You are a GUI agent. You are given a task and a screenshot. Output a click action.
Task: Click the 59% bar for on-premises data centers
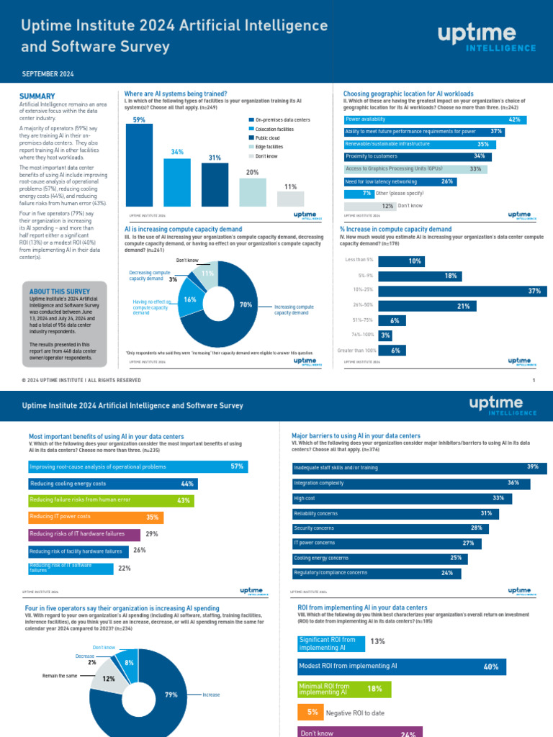140,166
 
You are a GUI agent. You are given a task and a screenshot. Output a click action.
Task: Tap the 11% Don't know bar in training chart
290,199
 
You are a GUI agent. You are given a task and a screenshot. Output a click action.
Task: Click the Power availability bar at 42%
434,119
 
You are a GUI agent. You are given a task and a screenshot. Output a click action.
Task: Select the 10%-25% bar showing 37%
462,291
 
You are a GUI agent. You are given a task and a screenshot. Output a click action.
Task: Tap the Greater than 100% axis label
357,351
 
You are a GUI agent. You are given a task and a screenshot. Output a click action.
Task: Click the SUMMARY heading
37,96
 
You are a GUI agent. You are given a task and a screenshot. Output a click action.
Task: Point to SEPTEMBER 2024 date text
48,74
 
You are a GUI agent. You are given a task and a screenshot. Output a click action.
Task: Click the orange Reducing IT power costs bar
96,517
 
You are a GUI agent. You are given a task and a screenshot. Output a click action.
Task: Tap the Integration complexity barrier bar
410,484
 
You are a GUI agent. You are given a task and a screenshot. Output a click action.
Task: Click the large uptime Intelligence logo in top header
487,37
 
